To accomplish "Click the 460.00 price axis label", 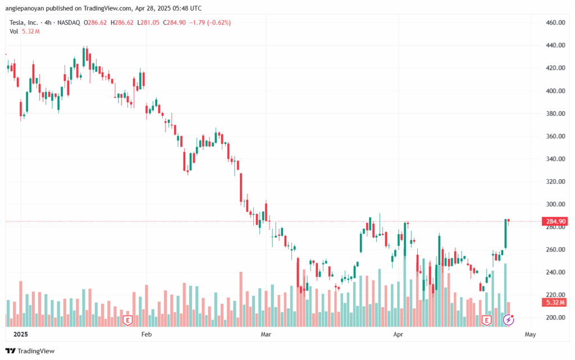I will [554, 22].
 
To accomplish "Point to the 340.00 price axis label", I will [554, 159].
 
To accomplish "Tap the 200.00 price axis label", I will [554, 317].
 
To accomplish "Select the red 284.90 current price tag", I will [555, 221].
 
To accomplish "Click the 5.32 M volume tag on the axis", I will [554, 303].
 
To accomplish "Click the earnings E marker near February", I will [127, 320].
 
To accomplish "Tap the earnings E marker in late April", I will [486, 320].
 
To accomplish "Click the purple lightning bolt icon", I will [508, 320].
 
